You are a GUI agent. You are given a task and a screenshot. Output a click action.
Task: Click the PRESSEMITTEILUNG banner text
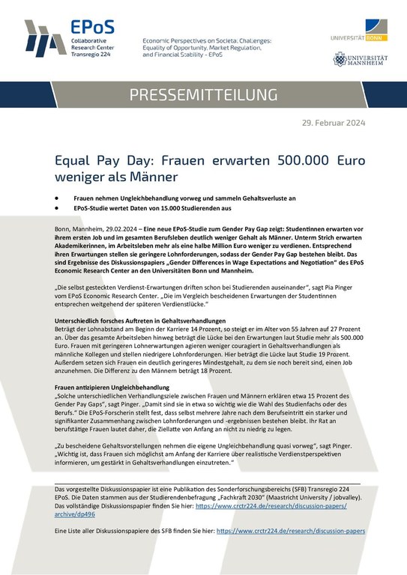(x=203, y=95)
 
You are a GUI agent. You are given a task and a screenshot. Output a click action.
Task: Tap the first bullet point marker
(x=58, y=195)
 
